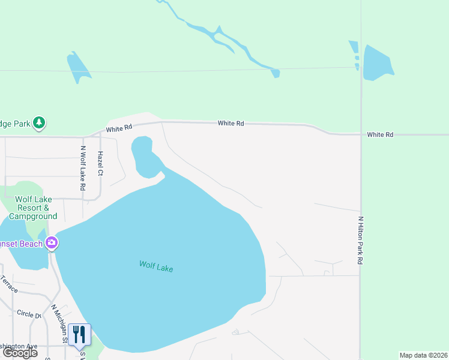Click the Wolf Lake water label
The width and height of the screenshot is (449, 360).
point(156,266)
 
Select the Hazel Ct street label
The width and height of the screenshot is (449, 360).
point(100,163)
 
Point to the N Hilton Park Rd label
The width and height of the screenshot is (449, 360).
point(361,241)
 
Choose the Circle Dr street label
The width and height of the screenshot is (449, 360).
point(28,314)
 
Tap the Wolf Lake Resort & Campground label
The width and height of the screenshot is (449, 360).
point(33,208)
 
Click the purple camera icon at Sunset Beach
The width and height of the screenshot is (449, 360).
point(52,242)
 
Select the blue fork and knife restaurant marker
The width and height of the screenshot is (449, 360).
point(79,335)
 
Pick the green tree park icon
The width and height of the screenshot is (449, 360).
point(39,123)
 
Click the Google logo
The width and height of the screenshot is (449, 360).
point(20,353)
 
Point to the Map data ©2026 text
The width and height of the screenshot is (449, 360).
point(424,355)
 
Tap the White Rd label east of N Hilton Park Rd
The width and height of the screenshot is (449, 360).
point(381,135)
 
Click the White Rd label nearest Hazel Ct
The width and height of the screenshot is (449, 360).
point(119,128)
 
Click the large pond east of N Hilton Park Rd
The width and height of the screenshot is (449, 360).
point(378,62)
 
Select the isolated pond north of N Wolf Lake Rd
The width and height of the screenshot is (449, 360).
point(79,66)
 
